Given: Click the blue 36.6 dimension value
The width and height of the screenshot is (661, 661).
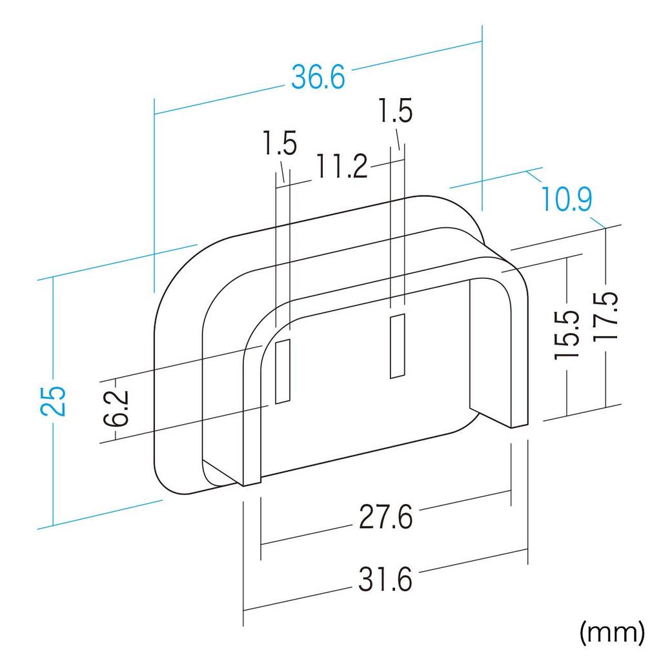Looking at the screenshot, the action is [318, 77].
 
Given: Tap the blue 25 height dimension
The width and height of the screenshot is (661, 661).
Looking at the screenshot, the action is [54, 401].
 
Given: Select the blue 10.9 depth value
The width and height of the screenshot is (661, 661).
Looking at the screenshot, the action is [567, 199].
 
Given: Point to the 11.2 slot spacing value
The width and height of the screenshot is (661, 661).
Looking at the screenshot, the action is [341, 167].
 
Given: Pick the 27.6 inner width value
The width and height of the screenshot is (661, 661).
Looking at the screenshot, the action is [385, 517].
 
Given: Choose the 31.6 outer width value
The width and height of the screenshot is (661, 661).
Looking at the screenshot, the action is [385, 579].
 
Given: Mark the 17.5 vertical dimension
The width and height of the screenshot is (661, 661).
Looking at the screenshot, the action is [606, 315].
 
